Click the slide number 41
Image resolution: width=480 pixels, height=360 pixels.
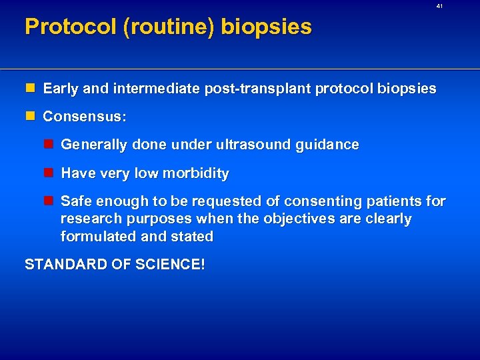tap(439, 6)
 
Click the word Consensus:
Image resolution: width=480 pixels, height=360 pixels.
tap(84, 116)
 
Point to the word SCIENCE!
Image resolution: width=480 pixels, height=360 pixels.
tap(172, 265)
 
